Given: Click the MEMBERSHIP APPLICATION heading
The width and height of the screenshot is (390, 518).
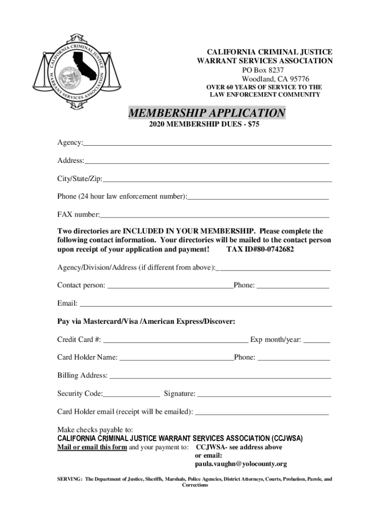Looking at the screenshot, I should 207,113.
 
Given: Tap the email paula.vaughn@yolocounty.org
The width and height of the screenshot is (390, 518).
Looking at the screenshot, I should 241,464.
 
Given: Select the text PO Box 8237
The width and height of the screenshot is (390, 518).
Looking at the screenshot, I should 262,70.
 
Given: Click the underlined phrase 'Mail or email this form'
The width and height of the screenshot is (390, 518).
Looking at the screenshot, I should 92,447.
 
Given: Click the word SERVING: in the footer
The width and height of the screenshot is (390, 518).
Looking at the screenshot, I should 70,479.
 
